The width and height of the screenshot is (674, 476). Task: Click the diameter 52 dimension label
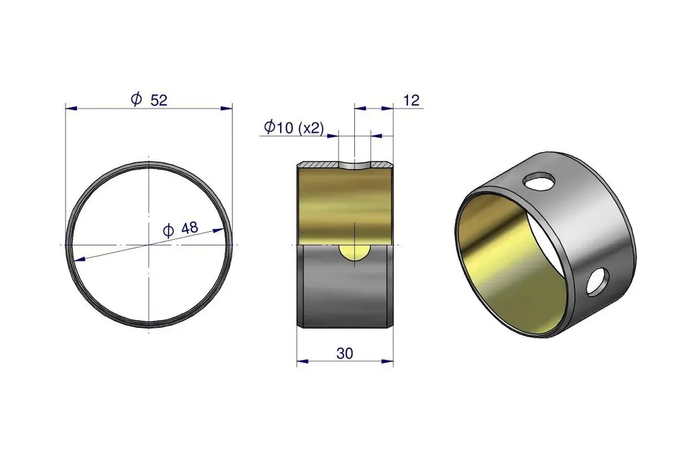point(149,100)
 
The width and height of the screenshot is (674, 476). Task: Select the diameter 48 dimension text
point(181,229)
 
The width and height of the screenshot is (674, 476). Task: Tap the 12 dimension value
point(411,100)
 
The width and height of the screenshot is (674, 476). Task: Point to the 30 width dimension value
point(345,353)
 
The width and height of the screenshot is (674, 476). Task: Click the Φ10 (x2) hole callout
point(294,127)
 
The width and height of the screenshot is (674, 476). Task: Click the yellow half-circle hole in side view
point(354,253)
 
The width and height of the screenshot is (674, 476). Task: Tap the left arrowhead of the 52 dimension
point(71,108)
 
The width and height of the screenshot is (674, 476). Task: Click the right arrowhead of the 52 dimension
point(227,108)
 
